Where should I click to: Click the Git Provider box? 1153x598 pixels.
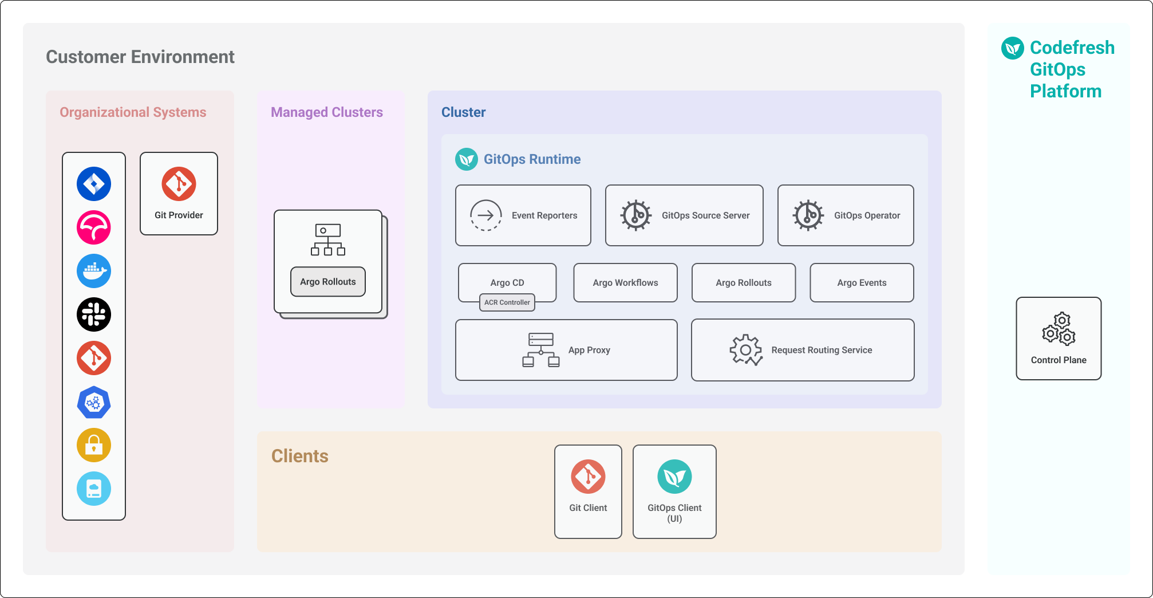pyautogui.click(x=179, y=194)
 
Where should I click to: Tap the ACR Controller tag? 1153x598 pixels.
pyautogui.click(x=507, y=302)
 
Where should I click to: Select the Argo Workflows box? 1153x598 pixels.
pyautogui.click(x=625, y=282)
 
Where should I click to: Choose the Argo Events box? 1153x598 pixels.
pyautogui.click(x=862, y=282)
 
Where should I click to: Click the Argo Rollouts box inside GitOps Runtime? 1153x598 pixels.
pyautogui.click(x=743, y=282)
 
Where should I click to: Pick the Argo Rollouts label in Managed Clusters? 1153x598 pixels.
pyautogui.click(x=328, y=282)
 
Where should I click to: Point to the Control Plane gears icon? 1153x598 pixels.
pyautogui.click(x=1059, y=329)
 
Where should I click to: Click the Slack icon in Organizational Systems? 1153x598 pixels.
pyautogui.click(x=94, y=314)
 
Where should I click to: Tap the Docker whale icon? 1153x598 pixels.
pyautogui.click(x=94, y=271)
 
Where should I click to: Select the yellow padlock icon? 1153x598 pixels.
pyautogui.click(x=94, y=445)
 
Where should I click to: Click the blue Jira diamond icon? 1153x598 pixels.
pyautogui.click(x=94, y=184)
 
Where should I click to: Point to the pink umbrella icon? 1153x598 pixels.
pyautogui.click(x=94, y=227)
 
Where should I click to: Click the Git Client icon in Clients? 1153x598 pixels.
pyautogui.click(x=588, y=477)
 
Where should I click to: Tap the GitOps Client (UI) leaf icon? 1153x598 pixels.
pyautogui.click(x=674, y=477)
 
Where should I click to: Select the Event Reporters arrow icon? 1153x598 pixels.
pyautogui.click(x=486, y=215)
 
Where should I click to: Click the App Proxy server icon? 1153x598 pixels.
pyautogui.click(x=541, y=350)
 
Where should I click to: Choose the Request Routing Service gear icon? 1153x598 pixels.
pyautogui.click(x=746, y=349)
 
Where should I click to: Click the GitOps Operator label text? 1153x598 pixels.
pyautogui.click(x=867, y=215)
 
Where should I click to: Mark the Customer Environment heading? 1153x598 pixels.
pyautogui.click(x=140, y=57)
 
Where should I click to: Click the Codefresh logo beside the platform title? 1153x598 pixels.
pyautogui.click(x=1013, y=48)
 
